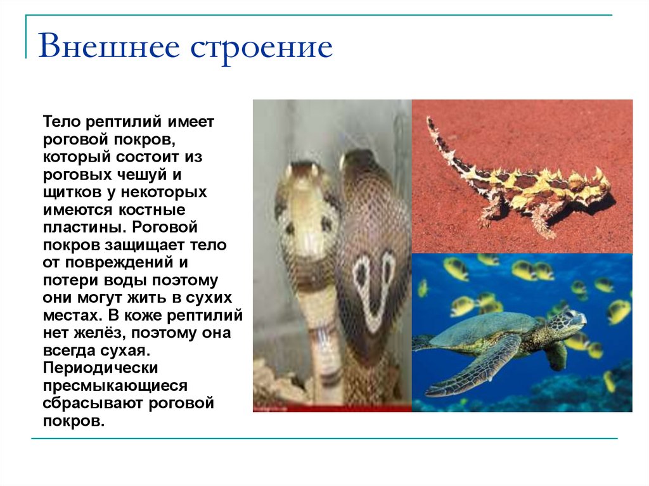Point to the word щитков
click(x=70, y=191)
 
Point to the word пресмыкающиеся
click(x=115, y=385)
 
